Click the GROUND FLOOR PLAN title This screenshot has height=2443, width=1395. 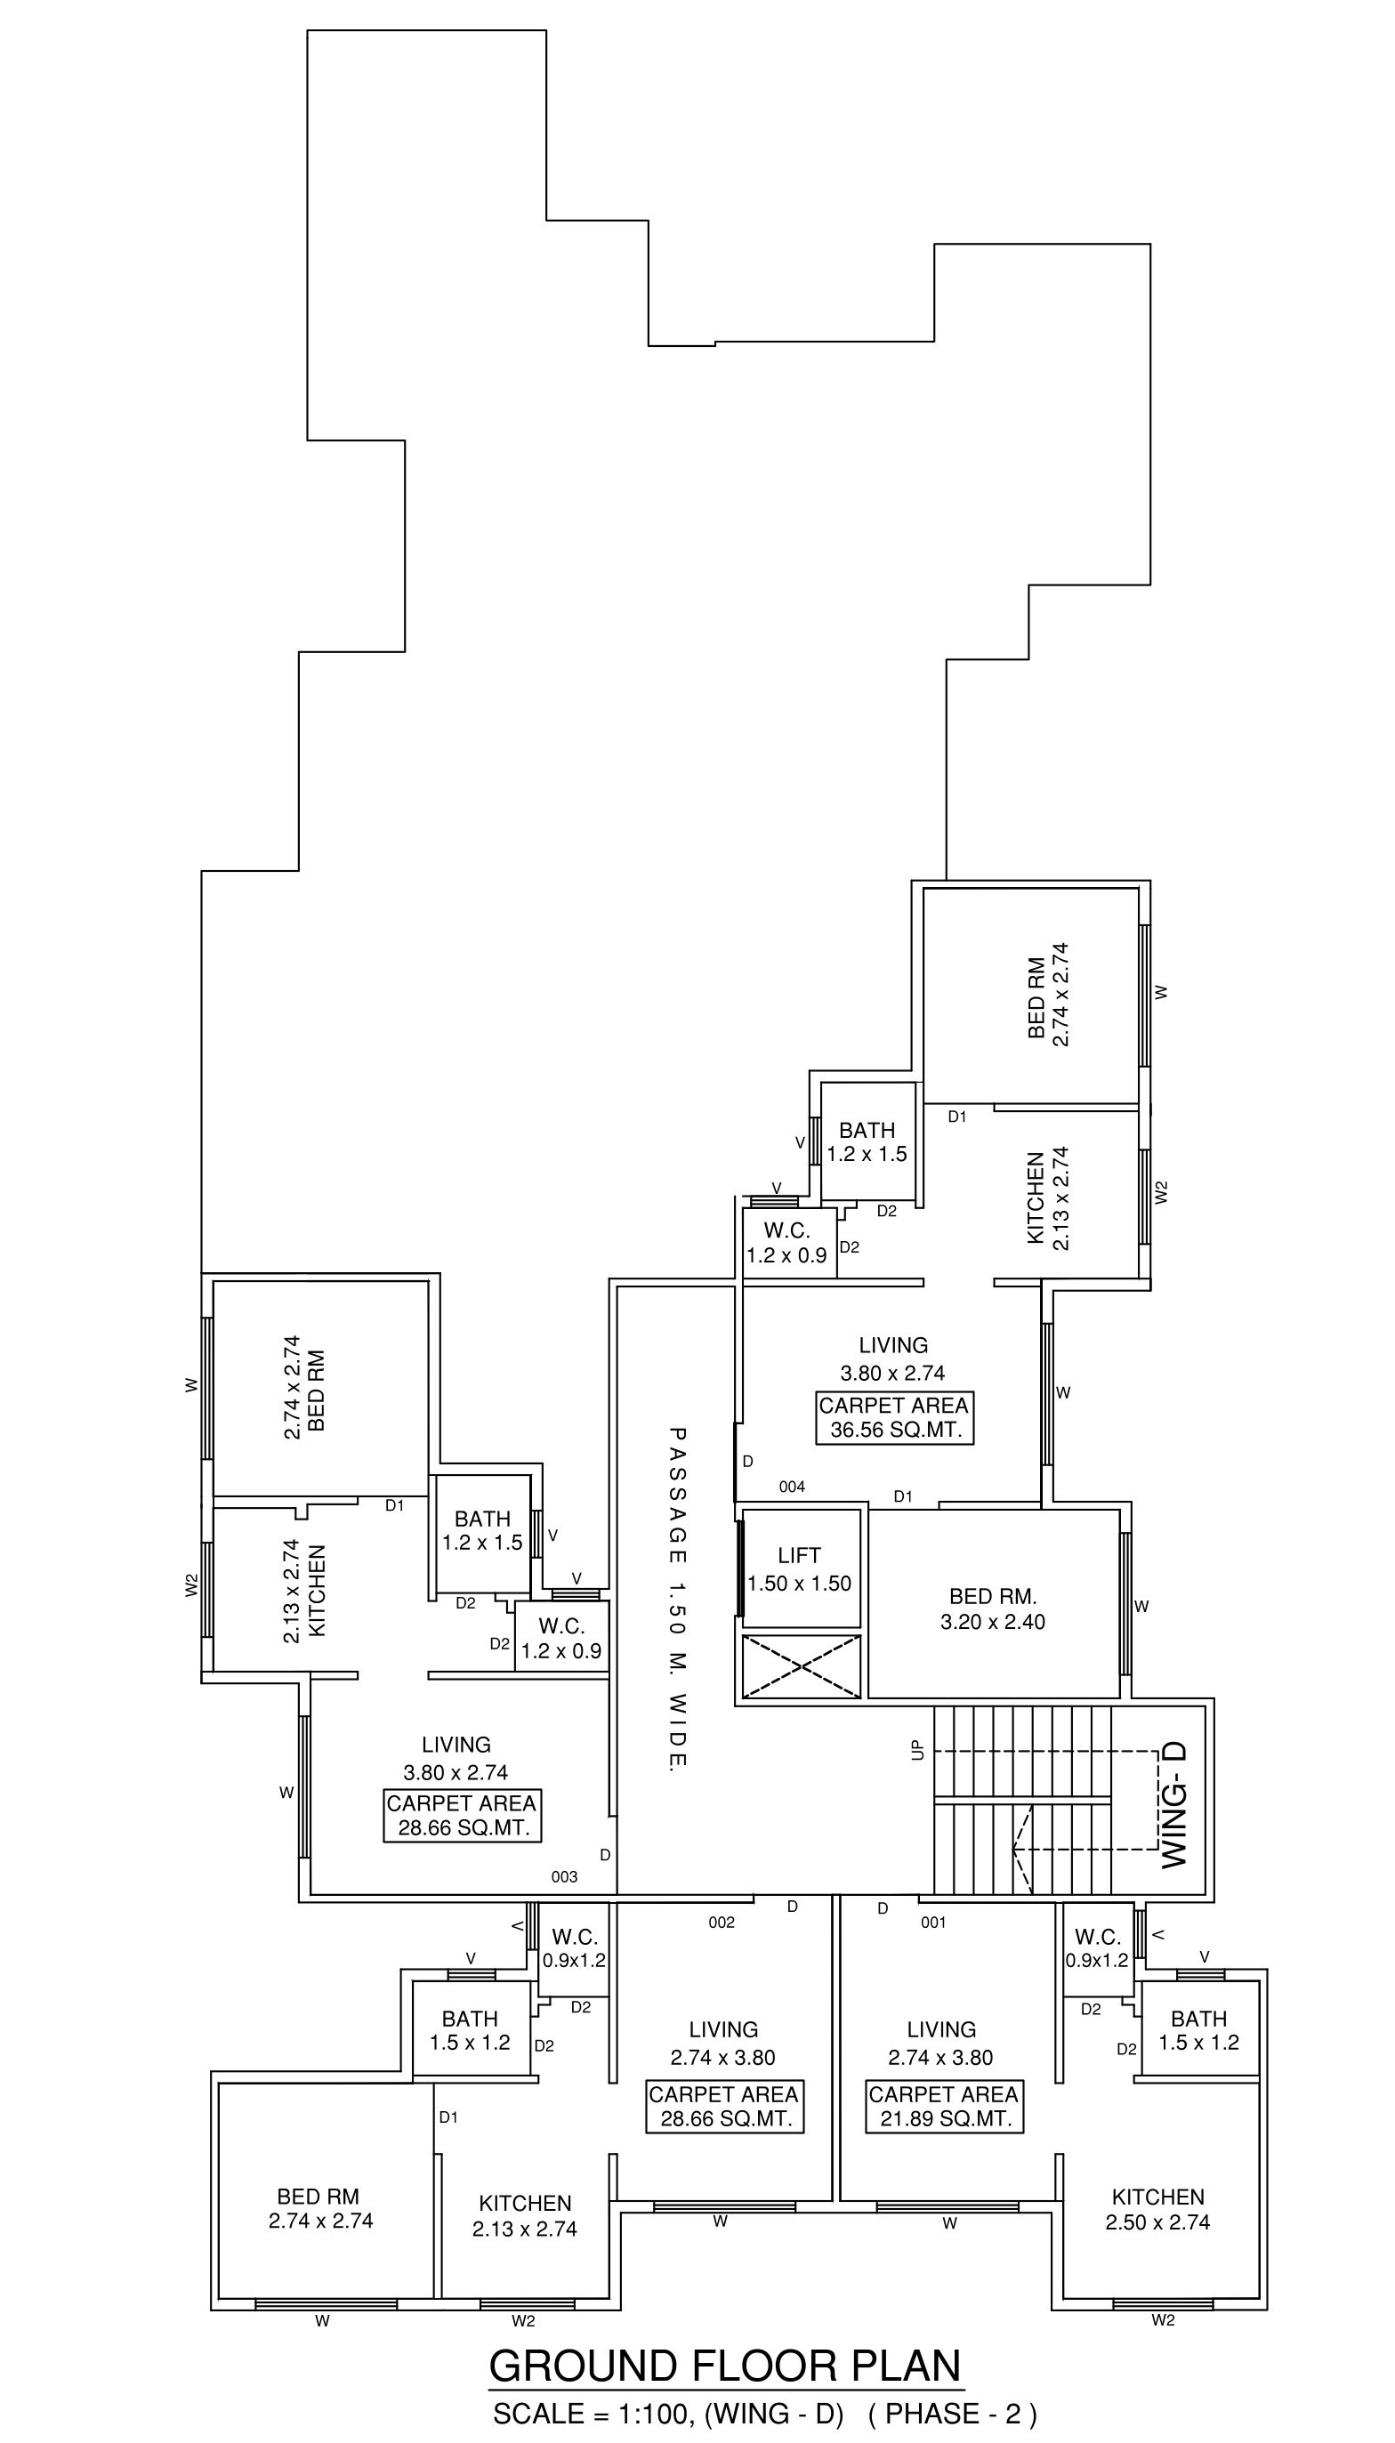pyautogui.click(x=725, y=2366)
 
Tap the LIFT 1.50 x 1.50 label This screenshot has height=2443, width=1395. pyautogui.click(x=799, y=1569)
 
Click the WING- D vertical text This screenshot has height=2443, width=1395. pyautogui.click(x=1174, y=1804)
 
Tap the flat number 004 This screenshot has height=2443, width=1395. pyautogui.click(x=793, y=1487)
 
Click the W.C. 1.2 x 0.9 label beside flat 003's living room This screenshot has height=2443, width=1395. pyautogui.click(x=561, y=1638)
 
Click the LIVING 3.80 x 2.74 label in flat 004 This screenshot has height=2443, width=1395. pyautogui.click(x=893, y=1359)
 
